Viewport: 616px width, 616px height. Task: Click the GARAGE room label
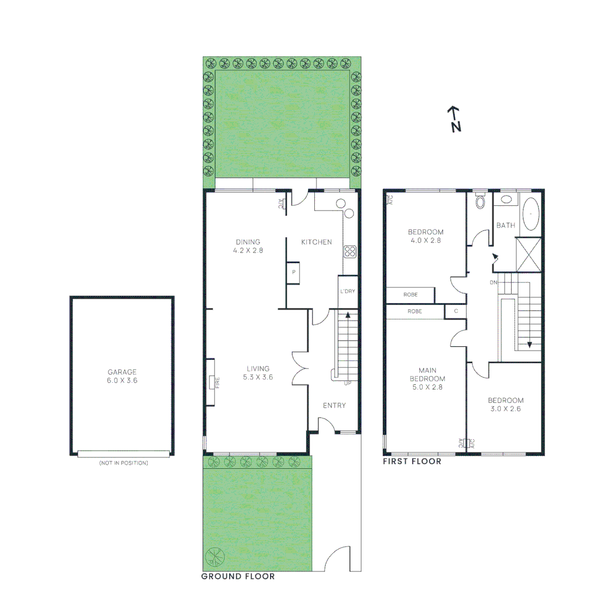[122, 372]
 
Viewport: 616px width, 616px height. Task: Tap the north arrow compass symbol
[453, 119]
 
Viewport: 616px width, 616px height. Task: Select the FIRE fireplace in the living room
[213, 382]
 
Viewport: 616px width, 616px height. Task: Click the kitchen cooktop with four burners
[350, 252]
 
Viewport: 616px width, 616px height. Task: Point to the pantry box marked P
[294, 273]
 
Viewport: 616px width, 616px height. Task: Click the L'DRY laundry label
[347, 291]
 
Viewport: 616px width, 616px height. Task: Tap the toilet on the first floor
[480, 201]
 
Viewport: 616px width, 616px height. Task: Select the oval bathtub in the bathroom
[531, 213]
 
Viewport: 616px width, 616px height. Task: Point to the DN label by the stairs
[493, 283]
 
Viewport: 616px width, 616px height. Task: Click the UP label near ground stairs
[347, 383]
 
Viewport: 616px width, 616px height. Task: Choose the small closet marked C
[455, 311]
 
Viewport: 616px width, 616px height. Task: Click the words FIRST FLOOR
[412, 461]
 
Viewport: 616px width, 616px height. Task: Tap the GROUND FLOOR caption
[238, 577]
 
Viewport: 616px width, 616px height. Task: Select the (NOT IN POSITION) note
[123, 463]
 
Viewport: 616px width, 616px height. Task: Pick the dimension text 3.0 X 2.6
[505, 408]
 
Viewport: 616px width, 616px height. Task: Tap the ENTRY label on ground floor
[334, 406]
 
